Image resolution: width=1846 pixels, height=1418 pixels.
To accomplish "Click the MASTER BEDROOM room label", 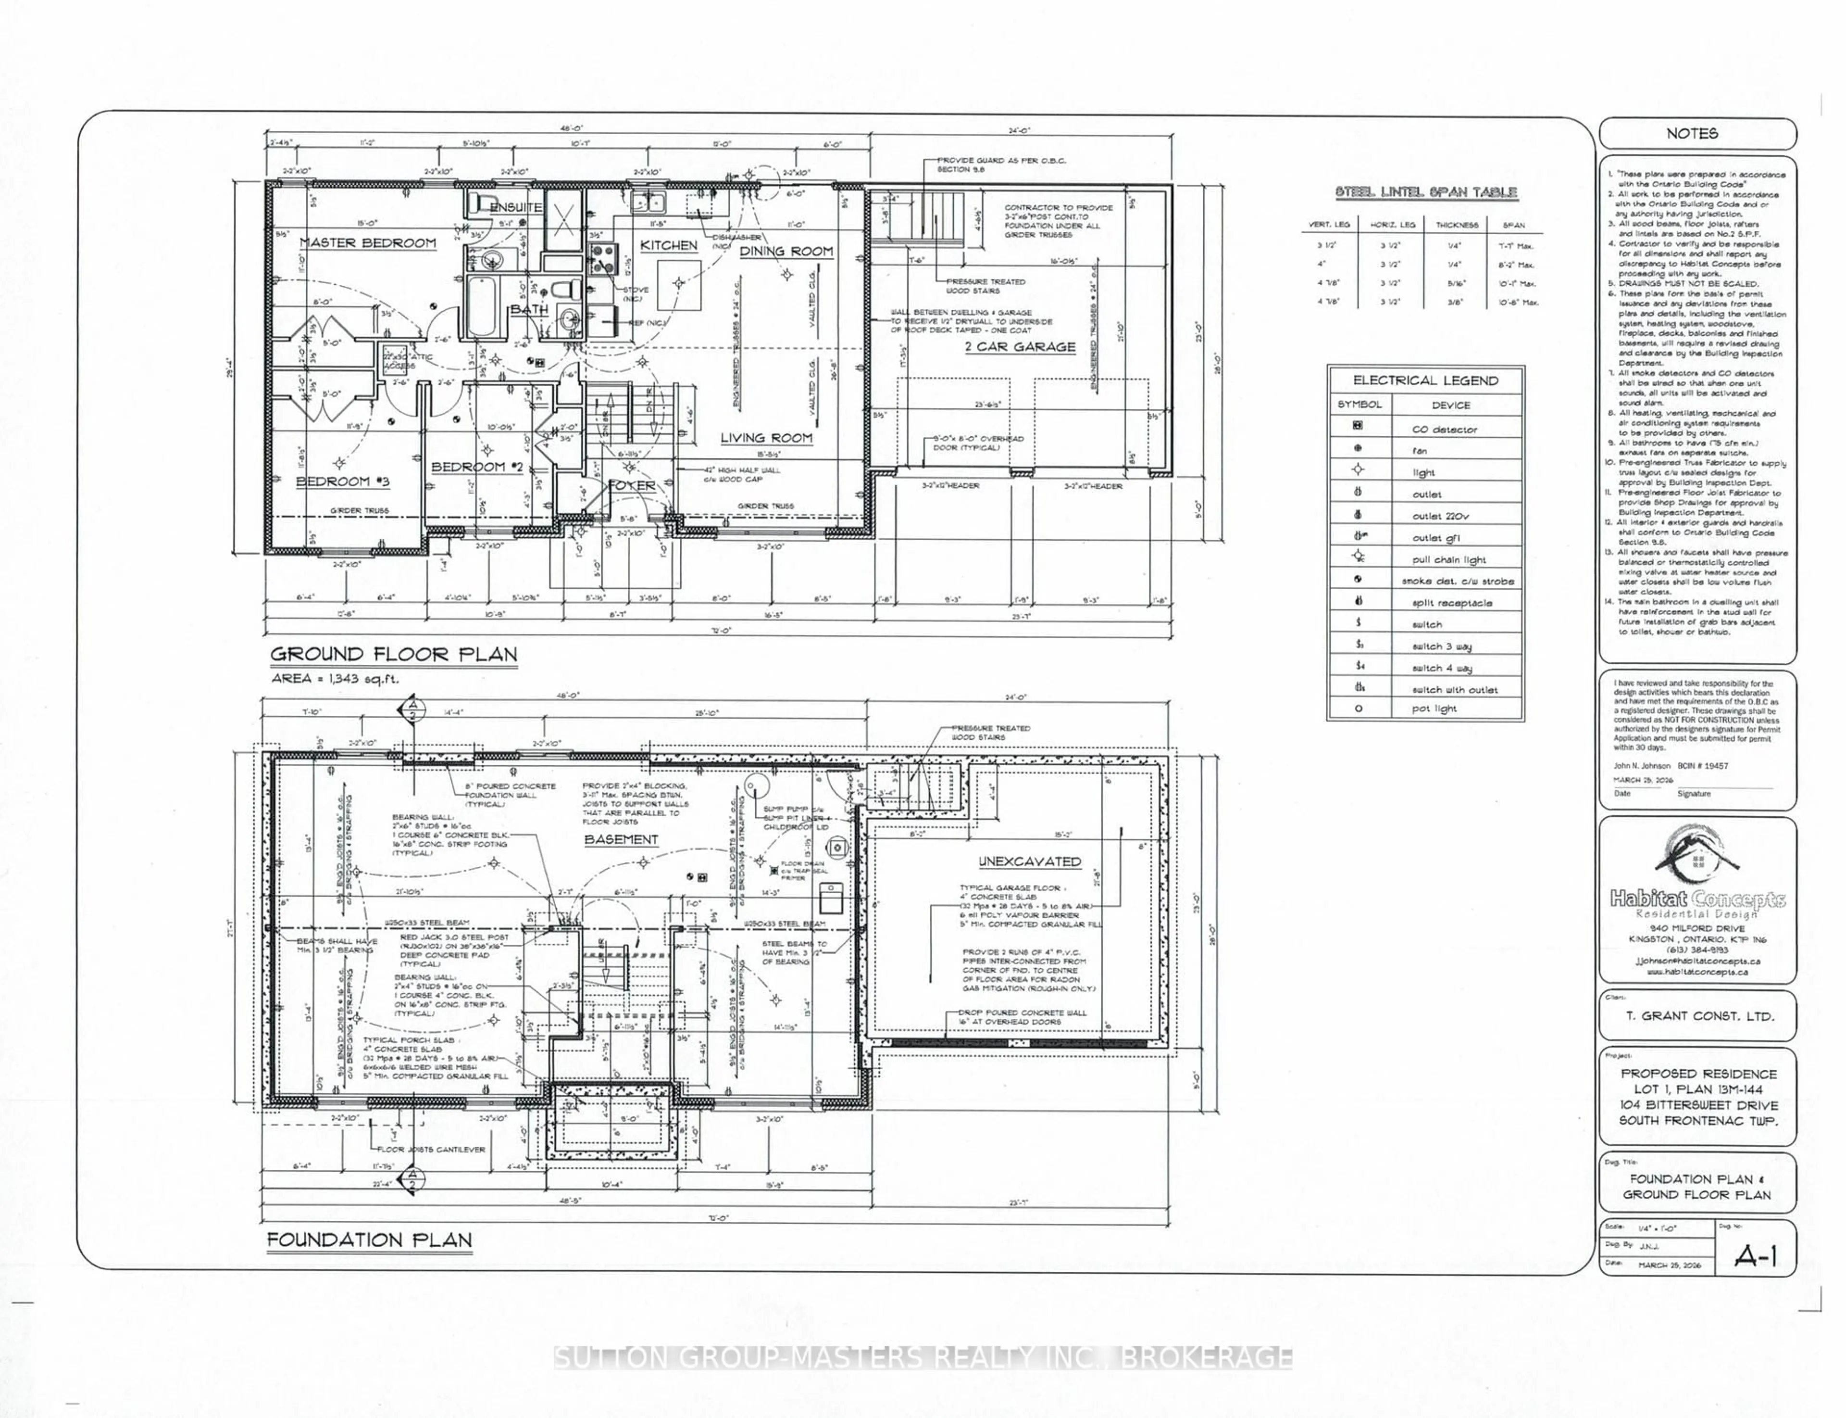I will click(x=368, y=243).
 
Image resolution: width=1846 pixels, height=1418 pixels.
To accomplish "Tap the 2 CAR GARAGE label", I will click(x=1020, y=347).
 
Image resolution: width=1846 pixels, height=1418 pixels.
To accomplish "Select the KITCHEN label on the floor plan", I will click(x=668, y=246).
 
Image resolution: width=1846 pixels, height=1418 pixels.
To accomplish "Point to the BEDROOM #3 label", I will click(x=343, y=482).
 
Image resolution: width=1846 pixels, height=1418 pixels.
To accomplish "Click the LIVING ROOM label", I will click(x=766, y=438).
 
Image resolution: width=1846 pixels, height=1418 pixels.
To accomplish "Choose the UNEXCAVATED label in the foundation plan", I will click(x=1029, y=862).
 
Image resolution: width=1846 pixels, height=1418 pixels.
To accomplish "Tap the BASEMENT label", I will click(x=621, y=840).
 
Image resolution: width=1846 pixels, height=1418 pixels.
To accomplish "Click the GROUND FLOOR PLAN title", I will click(x=393, y=654).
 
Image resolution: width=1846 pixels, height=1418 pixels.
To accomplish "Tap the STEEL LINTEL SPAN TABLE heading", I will click(x=1426, y=192).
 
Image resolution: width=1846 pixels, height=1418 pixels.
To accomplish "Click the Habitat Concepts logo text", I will click(x=1696, y=900).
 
